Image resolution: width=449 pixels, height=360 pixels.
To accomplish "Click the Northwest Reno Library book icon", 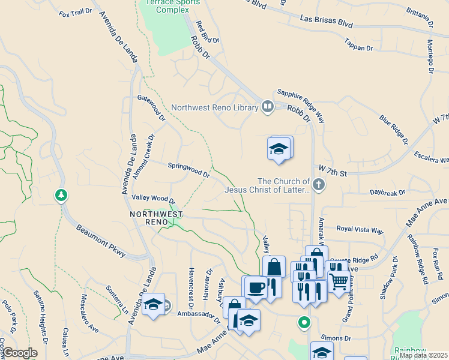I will [x=268, y=107].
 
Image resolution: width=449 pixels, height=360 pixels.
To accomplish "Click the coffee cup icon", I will [x=255, y=288].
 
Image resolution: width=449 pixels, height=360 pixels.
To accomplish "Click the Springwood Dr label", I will [x=188, y=169].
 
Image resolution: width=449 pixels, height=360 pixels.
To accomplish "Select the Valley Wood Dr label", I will [x=153, y=199].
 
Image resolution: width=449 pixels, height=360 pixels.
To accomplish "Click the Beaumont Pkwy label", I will [x=101, y=241].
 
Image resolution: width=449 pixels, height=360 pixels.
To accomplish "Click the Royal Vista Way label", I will [x=360, y=230].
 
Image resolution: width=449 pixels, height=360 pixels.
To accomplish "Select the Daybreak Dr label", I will [x=387, y=193].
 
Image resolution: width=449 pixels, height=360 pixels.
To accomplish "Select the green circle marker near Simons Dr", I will [x=304, y=323].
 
